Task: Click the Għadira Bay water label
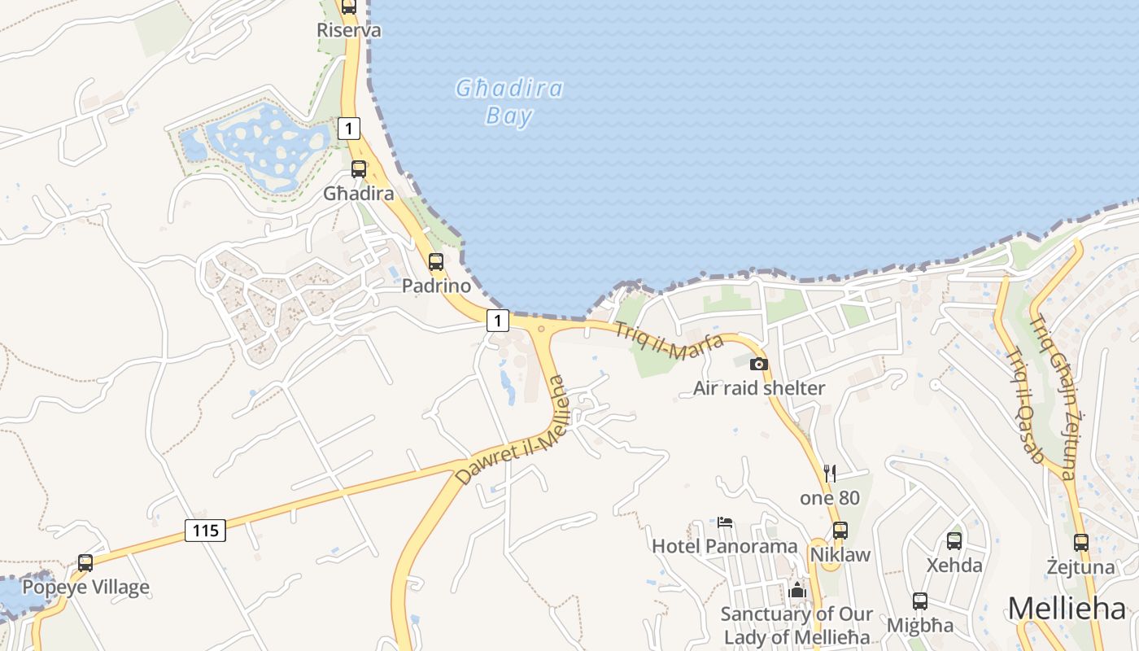click(509, 102)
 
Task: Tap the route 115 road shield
click(205, 531)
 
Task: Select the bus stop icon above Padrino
click(436, 262)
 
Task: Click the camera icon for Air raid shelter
click(758, 364)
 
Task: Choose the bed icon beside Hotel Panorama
click(725, 522)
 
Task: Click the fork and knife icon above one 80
click(830, 473)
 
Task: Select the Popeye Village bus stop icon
click(85, 562)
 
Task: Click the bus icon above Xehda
click(954, 540)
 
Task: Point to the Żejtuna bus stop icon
click(1080, 542)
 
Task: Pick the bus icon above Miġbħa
click(920, 601)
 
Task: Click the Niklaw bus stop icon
click(840, 531)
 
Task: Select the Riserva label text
click(349, 30)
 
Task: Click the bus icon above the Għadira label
click(358, 169)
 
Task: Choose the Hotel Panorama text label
click(724, 546)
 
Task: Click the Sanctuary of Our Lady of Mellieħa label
click(796, 626)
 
